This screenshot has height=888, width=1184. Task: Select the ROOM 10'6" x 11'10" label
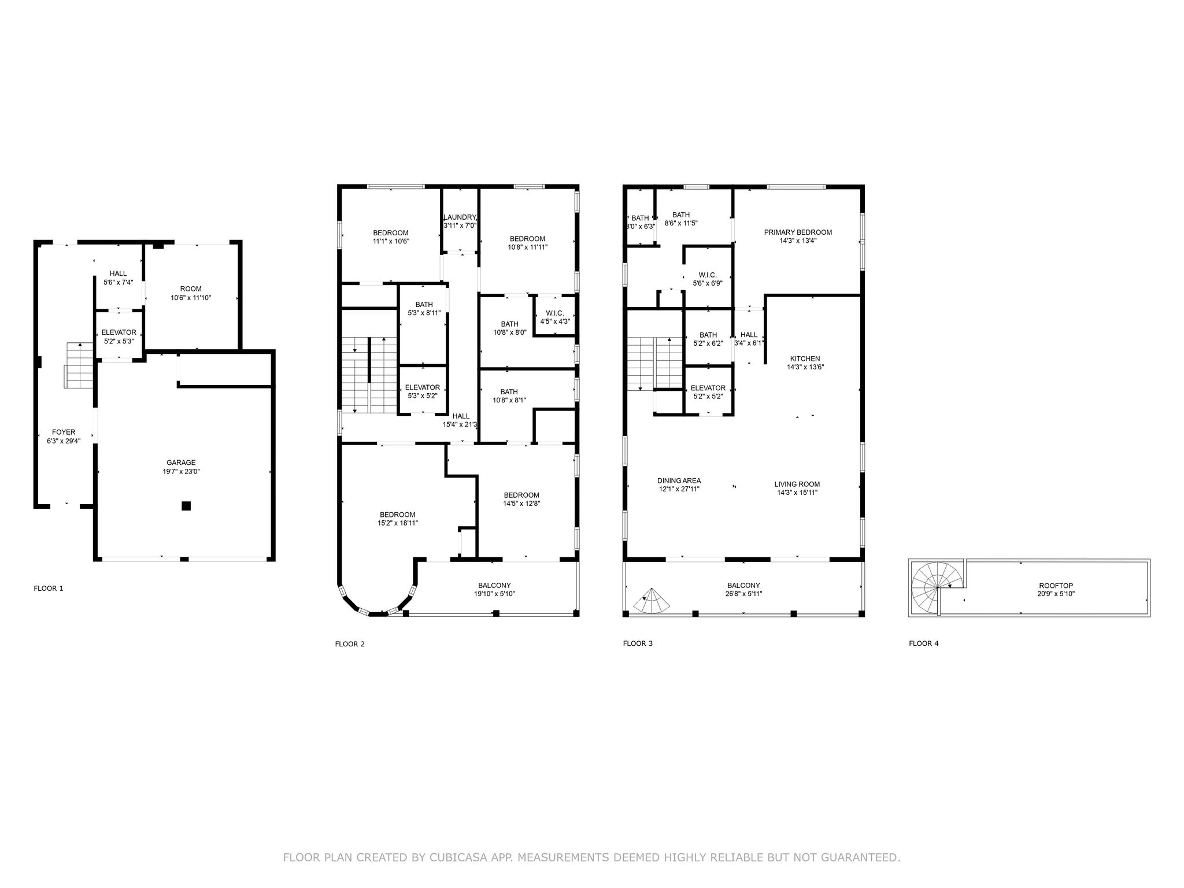coord(191,293)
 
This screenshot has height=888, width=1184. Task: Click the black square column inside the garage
coord(186,506)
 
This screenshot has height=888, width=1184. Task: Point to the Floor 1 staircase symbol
coord(79,365)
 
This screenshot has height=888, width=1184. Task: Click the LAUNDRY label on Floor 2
coord(460,217)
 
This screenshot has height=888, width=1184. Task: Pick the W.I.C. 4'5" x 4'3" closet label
coord(554,317)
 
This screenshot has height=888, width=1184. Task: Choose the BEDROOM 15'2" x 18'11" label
coord(397,519)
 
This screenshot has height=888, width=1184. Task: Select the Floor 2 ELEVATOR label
coord(423,387)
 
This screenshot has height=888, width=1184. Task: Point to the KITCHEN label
coord(805,359)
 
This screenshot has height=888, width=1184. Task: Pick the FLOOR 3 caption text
coord(638,643)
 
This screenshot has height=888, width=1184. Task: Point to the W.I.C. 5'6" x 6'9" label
coord(708,279)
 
